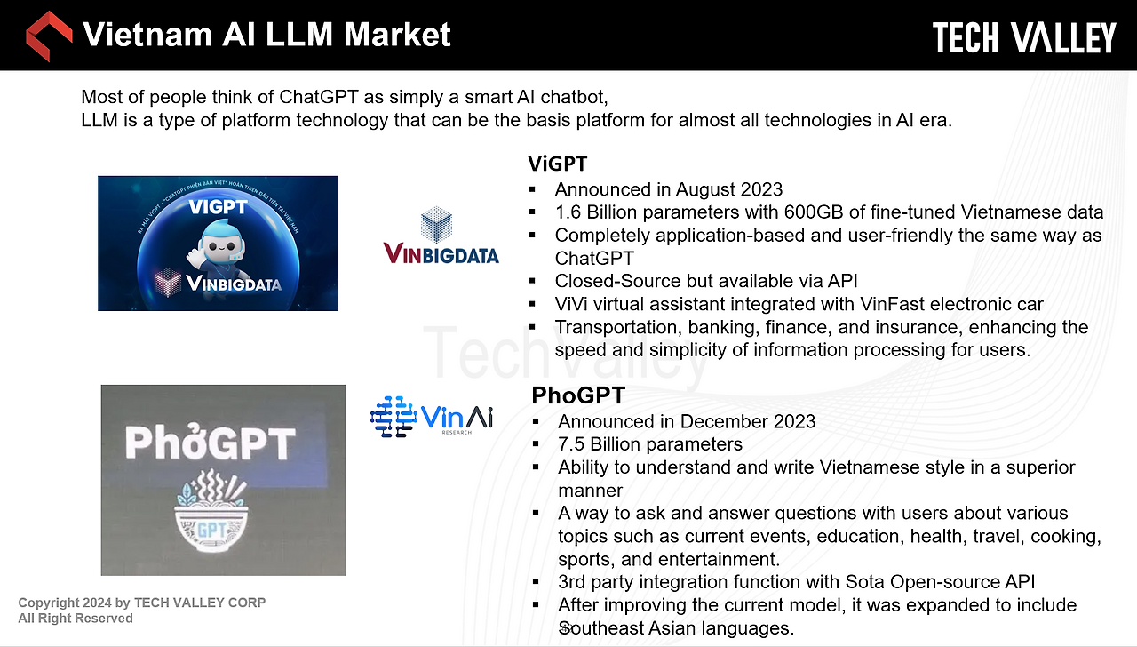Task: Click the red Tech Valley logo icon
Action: point(49,36)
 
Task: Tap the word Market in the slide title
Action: point(397,35)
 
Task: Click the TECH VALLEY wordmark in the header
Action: point(1024,37)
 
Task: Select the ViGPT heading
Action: point(557,164)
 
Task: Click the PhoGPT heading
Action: point(578,395)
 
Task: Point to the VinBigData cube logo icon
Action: point(436,224)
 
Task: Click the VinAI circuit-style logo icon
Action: point(394,417)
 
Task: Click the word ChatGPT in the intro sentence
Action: point(319,97)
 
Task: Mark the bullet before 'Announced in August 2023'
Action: point(532,190)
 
